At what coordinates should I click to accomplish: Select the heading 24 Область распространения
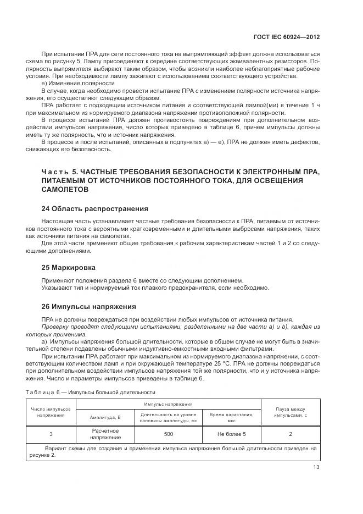click(x=94, y=209)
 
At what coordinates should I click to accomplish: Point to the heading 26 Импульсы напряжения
click(x=88, y=306)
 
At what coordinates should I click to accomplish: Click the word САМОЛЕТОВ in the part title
click(x=65, y=189)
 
